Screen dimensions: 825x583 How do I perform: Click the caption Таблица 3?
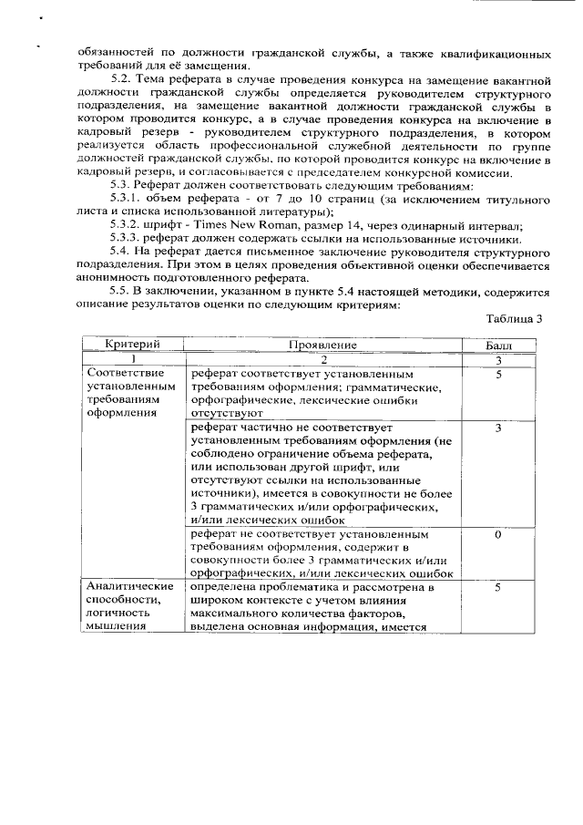pos(515,318)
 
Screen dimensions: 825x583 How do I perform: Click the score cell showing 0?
pos(498,534)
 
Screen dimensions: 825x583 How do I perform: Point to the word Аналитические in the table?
pos(129,586)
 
